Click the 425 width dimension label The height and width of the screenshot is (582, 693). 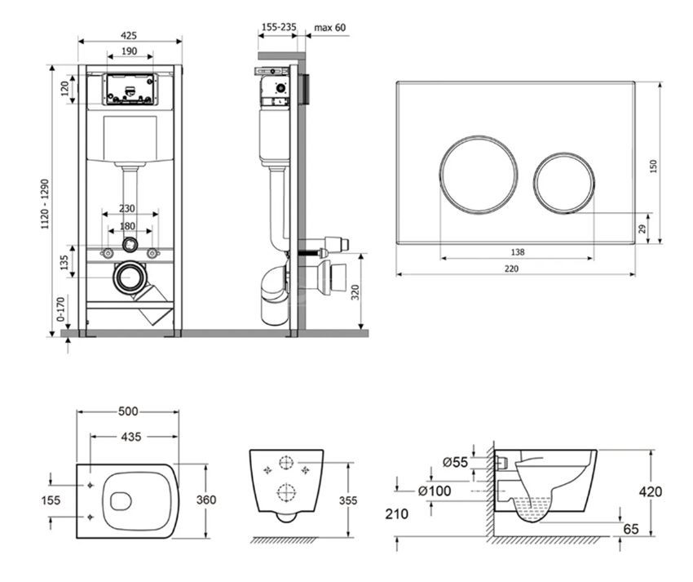tap(129, 35)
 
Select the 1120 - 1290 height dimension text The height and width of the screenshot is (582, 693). tap(45, 204)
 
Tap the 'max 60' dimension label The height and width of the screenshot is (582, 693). tap(330, 27)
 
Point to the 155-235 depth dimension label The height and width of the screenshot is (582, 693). tap(279, 27)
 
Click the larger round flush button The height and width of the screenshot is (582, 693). tap(479, 175)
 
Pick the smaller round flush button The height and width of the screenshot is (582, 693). tap(564, 183)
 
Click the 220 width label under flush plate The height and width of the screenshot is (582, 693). tap(511, 269)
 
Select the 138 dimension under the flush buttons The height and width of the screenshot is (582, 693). tap(518, 252)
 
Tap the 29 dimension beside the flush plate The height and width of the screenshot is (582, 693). tap(642, 229)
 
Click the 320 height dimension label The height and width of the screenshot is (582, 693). tap(355, 292)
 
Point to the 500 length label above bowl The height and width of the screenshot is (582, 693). tap(128, 411)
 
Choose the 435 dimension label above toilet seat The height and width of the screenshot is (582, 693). tap(131, 437)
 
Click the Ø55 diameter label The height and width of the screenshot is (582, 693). tap(455, 462)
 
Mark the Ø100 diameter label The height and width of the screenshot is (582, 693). tap(435, 491)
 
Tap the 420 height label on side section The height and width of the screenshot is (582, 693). tap(651, 491)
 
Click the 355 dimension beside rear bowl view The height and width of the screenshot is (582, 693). tap(349, 500)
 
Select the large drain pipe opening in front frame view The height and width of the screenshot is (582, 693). tap(130, 278)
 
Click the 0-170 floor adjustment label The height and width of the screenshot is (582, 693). tap(60, 309)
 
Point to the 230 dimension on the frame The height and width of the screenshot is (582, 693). tap(127, 208)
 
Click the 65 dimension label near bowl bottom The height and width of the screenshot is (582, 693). tap(631, 528)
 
